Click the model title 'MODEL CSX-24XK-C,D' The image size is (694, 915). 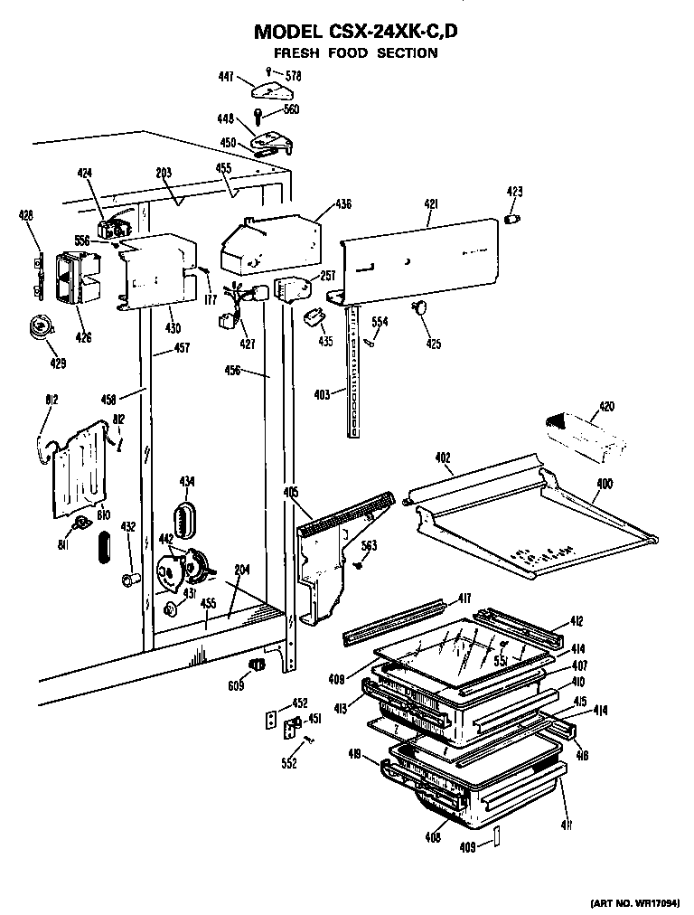click(356, 32)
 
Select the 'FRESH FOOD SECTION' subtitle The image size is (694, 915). click(356, 52)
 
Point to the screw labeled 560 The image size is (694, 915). click(259, 116)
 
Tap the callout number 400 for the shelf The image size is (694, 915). click(603, 485)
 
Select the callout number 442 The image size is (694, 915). click(165, 539)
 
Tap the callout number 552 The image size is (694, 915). click(289, 762)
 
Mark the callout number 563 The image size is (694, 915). click(369, 544)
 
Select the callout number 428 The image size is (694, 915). click(26, 215)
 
